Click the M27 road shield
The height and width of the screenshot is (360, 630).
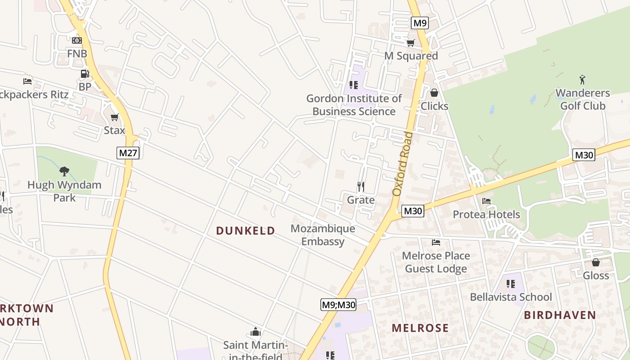point(128,153)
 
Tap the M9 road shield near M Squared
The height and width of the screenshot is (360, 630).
point(419,23)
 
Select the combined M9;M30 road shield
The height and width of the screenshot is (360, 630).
point(339,305)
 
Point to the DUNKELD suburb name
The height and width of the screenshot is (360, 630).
point(246,231)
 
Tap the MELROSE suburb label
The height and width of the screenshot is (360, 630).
point(420,328)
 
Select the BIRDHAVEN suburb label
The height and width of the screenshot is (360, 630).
point(560,315)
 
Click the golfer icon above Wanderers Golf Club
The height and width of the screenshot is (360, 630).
point(583,80)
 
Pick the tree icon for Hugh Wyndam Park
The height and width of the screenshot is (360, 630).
point(64,171)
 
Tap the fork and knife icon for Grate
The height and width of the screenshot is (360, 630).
point(360,186)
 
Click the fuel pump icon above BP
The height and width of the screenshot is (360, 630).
point(85,74)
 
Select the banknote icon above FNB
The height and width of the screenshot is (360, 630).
point(77,40)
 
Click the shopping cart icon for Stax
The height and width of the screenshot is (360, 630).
point(114,117)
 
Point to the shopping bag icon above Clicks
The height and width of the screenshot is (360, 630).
point(434,93)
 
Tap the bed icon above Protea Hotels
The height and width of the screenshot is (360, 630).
point(486,201)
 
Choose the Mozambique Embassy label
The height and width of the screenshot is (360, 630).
point(323,235)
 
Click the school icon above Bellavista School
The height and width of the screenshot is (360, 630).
point(510,283)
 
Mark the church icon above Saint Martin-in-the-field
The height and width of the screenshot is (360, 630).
point(256,332)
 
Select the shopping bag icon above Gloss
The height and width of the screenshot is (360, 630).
point(596,262)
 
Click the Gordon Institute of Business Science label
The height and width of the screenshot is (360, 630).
point(354,105)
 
